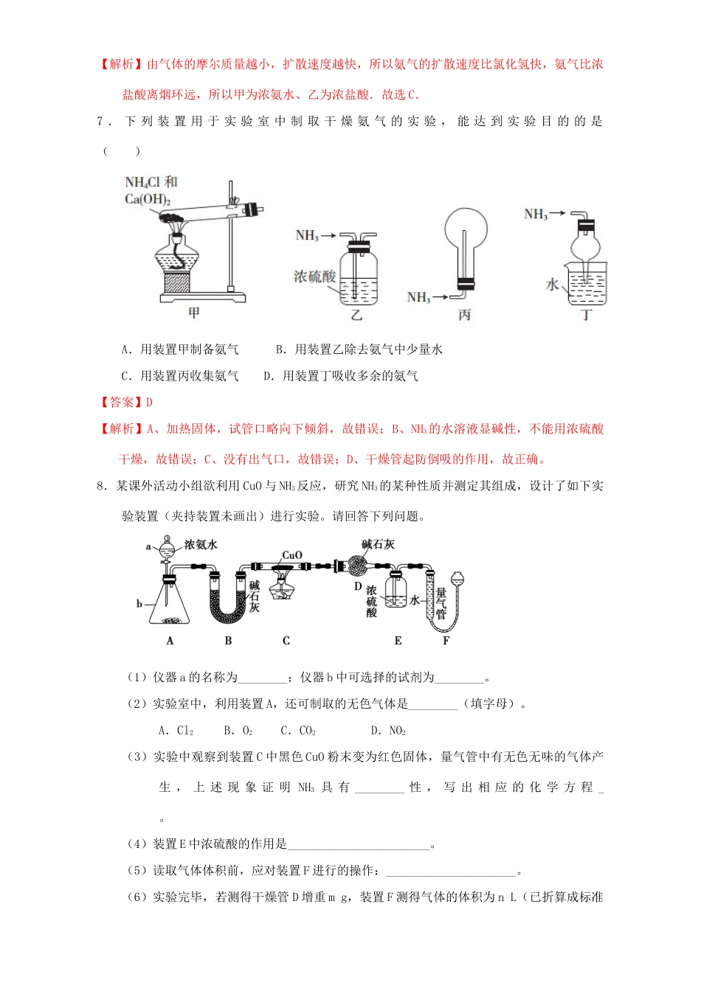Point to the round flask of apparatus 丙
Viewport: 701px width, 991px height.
click(x=466, y=231)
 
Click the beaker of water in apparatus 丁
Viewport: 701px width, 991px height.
click(x=587, y=286)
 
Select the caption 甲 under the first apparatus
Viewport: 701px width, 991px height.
click(x=193, y=313)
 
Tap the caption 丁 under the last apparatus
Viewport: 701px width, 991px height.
click(x=587, y=315)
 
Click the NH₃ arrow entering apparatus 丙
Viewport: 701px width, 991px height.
click(x=428, y=297)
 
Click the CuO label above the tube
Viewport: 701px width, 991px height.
click(x=292, y=554)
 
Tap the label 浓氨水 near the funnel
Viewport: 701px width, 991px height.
click(x=201, y=545)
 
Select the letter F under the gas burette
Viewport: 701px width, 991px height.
click(x=446, y=641)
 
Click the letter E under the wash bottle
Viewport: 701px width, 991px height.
click(x=398, y=641)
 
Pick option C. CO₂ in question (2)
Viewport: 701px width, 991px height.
click(x=297, y=731)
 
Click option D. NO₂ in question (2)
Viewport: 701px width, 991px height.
click(x=388, y=731)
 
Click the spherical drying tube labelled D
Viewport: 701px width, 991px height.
click(x=357, y=567)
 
